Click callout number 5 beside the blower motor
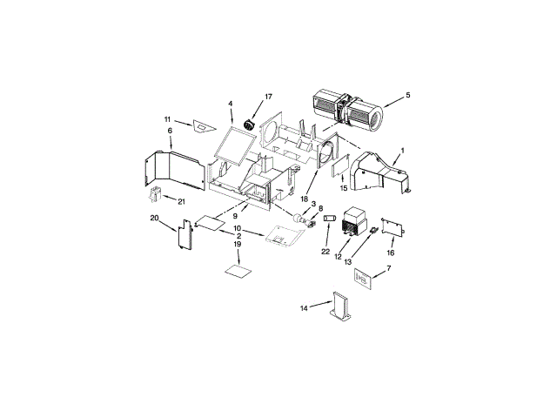(408, 95)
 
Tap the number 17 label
(268, 96)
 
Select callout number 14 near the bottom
(305, 307)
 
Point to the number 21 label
(182, 201)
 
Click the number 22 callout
(325, 252)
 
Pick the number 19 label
(237, 245)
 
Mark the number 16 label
(391, 252)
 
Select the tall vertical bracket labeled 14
(339, 311)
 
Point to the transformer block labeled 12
(354, 222)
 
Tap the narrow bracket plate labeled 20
(185, 236)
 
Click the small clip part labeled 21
(158, 192)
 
